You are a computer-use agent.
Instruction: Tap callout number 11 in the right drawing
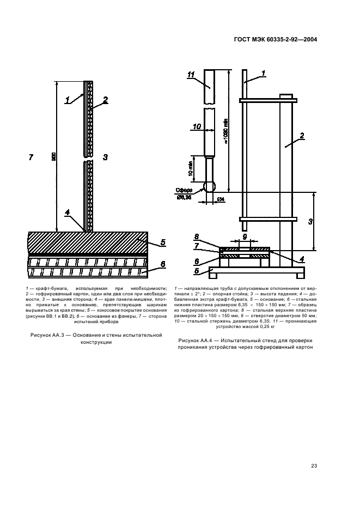191,76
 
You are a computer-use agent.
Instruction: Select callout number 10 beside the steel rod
197,127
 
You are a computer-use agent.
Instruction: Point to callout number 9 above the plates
245,236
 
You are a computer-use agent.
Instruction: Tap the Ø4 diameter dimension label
221,200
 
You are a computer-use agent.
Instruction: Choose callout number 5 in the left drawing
163,241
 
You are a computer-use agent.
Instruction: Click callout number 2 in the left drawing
106,100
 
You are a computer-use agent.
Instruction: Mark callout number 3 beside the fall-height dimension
310,221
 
